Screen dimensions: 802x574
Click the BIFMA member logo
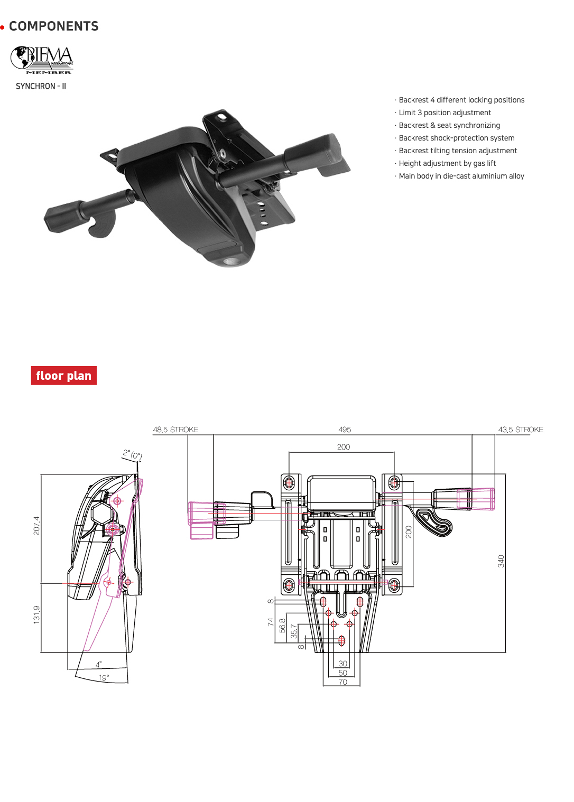coord(42,60)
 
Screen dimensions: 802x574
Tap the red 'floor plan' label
coord(63,376)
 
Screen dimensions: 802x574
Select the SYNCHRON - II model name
coord(41,86)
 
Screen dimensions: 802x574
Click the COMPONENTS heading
coord(53,26)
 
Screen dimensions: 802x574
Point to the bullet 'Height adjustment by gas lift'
coord(447,163)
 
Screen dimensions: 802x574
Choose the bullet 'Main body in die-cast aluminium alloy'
coord(461,176)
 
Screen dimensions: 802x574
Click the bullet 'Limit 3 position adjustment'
coord(445,113)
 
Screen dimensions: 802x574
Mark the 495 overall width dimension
coord(345,430)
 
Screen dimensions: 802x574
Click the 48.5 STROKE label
coord(175,430)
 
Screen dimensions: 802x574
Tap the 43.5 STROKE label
coord(520,430)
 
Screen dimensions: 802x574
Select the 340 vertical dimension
coord(501,561)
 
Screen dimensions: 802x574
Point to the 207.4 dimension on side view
coord(36,526)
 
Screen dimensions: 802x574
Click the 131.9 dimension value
coord(36,614)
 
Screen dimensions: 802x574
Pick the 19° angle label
coord(104,677)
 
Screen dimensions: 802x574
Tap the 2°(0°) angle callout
coord(132,454)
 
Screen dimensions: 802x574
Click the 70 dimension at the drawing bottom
coord(342,682)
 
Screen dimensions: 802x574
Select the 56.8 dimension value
coord(282,626)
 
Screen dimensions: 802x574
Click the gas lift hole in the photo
coord(230,261)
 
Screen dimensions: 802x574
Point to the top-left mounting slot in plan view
coord(289,482)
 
